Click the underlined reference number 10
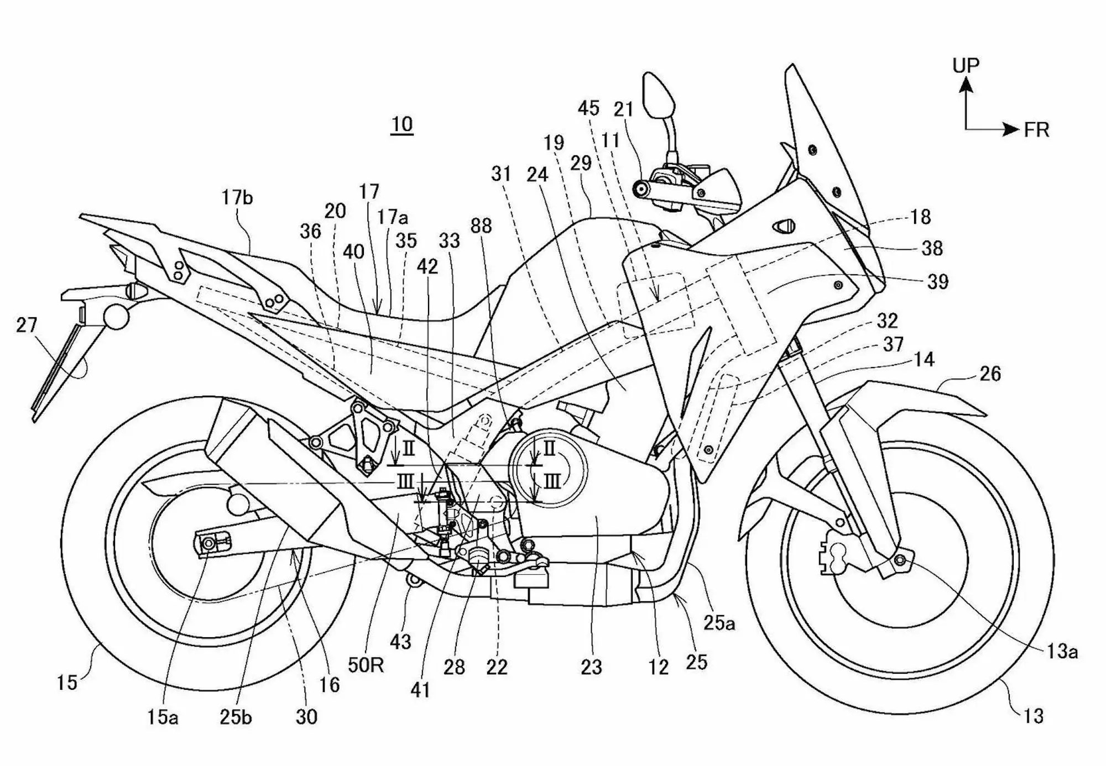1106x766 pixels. point(402,124)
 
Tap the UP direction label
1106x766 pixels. point(966,66)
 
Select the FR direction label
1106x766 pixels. point(1036,130)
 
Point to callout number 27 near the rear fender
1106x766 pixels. point(26,325)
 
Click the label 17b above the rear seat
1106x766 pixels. point(237,197)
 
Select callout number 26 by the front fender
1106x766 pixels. point(990,374)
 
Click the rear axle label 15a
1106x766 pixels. point(162,717)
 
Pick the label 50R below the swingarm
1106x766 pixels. point(366,665)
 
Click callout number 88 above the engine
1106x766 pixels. point(481,226)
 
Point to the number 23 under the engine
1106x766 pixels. point(591,668)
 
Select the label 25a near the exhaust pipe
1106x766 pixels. point(719,624)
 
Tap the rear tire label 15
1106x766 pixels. point(67,683)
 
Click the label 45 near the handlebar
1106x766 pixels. point(588,108)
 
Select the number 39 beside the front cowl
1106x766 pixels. point(937,282)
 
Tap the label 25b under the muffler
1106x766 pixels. point(236,717)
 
